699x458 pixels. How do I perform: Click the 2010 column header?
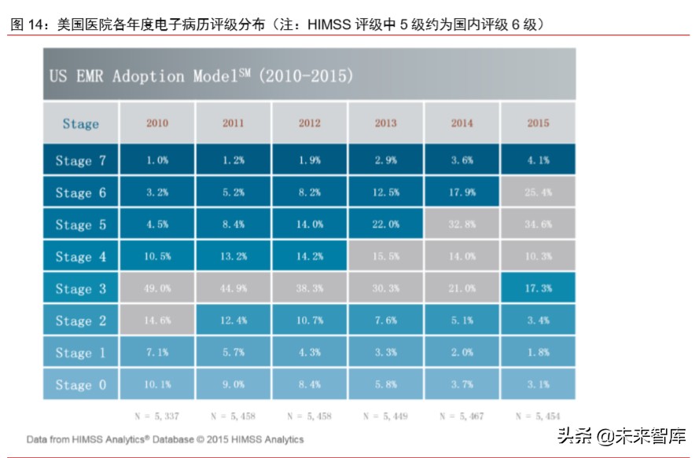point(157,123)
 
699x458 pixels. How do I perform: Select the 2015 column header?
point(538,123)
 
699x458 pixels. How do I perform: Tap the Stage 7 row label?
point(80,160)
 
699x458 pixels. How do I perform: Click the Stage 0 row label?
point(80,385)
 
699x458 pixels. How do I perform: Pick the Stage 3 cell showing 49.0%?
point(157,288)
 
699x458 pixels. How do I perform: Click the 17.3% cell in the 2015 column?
point(538,288)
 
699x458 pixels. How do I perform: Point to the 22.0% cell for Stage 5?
point(386,224)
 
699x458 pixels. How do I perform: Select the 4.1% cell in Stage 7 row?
point(538,160)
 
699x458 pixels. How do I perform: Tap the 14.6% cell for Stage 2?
point(157,321)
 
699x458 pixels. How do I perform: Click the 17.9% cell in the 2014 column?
point(462,192)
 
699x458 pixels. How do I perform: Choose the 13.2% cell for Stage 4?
point(234,256)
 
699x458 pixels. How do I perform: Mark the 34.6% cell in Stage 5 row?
point(538,224)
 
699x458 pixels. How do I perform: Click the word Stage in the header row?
point(80,123)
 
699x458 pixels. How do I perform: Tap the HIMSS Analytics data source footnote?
point(165,439)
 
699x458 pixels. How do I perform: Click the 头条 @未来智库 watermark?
point(621,435)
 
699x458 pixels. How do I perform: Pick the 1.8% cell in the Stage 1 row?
point(538,353)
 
